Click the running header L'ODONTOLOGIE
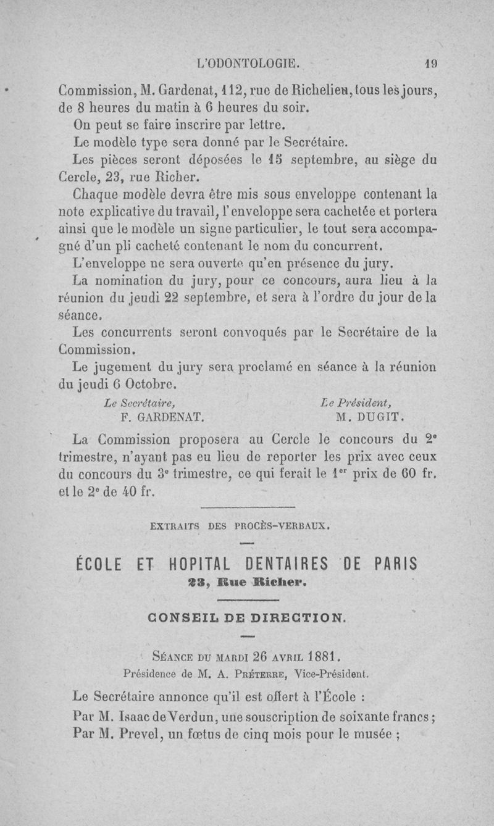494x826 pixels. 247,62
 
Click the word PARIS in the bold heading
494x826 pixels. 396,564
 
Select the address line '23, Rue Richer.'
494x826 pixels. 246,582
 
